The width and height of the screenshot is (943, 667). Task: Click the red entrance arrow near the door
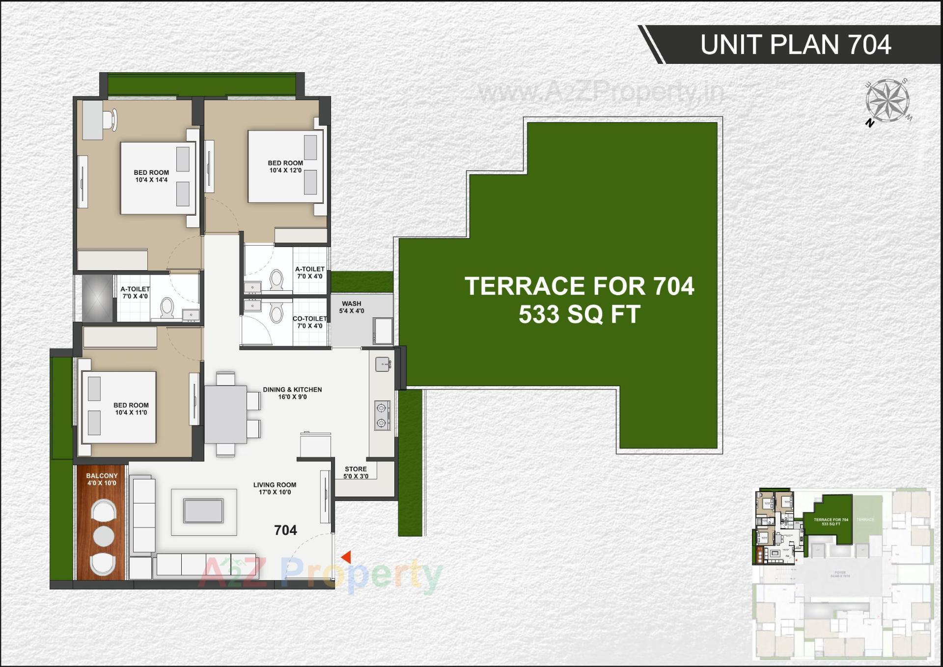click(x=347, y=557)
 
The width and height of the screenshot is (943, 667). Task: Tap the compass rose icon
click(x=888, y=101)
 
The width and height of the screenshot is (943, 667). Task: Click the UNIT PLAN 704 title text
click(x=795, y=45)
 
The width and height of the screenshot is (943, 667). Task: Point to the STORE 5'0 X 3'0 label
click(x=356, y=472)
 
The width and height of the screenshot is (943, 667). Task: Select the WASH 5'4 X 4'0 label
click(x=352, y=307)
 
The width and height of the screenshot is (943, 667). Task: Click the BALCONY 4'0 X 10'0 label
click(x=102, y=479)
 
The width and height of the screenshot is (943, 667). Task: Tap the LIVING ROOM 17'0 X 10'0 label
click(x=275, y=488)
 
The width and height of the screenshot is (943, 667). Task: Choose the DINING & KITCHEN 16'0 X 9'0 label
click(x=292, y=393)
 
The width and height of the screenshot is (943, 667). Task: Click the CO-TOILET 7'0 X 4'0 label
click(x=309, y=322)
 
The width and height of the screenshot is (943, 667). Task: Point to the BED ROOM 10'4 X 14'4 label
click(x=151, y=176)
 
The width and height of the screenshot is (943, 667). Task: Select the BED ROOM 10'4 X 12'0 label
click(x=285, y=167)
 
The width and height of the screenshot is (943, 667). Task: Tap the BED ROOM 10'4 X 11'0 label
click(x=131, y=409)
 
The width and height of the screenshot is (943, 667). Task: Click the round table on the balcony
click(x=104, y=536)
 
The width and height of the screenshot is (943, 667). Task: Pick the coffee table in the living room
click(x=203, y=510)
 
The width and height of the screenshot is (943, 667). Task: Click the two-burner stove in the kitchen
click(x=382, y=416)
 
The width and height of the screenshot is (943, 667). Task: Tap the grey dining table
click(x=225, y=414)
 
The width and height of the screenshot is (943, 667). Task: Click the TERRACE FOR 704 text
click(x=579, y=286)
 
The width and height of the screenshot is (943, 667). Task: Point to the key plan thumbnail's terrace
click(x=831, y=521)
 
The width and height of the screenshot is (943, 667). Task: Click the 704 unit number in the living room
click(x=285, y=530)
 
